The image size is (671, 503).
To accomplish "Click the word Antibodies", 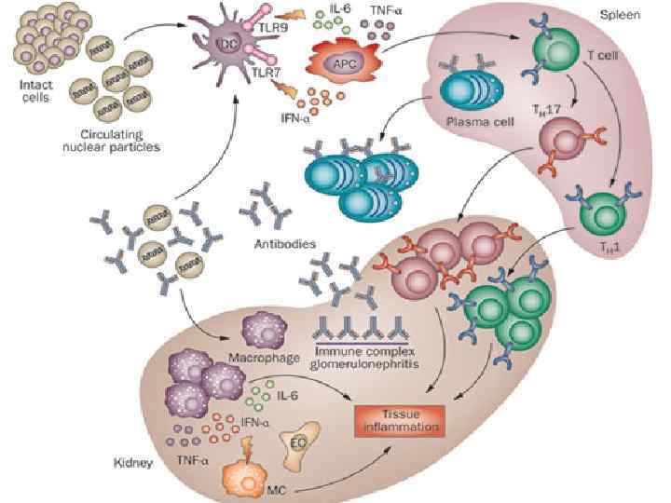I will pos(284,244).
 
